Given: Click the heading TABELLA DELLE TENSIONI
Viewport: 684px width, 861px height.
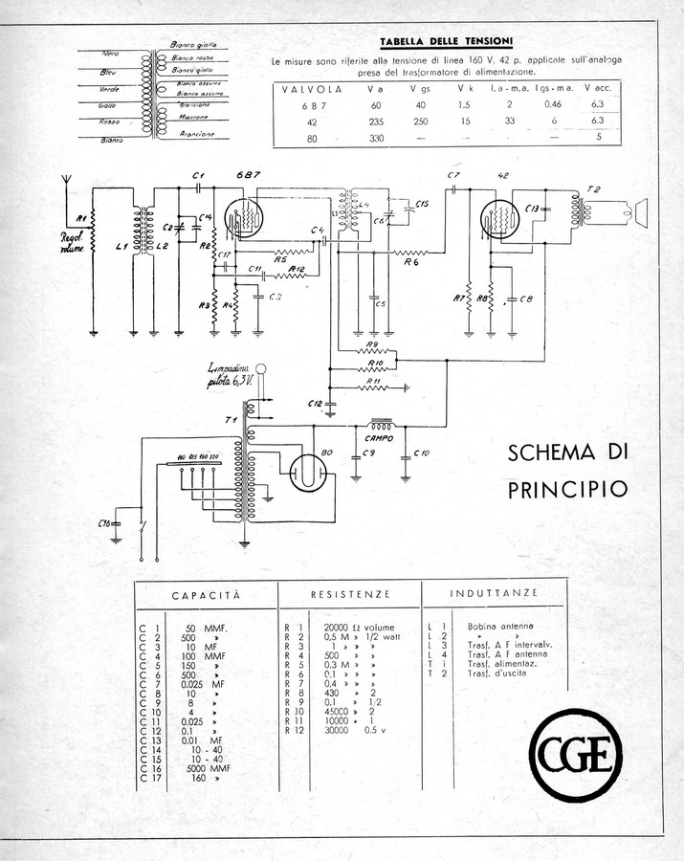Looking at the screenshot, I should tap(446, 41).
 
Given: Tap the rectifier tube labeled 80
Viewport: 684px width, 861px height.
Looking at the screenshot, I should tap(308, 471).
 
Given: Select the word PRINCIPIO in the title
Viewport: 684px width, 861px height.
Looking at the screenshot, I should tap(567, 489).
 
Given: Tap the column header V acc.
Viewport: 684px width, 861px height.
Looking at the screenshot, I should tap(597, 88).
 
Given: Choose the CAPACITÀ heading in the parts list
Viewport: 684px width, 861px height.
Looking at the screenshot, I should tap(206, 595).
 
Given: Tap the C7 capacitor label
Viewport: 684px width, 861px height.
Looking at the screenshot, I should tap(452, 178).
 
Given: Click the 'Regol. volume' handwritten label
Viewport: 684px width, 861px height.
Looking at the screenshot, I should tap(73, 242).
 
